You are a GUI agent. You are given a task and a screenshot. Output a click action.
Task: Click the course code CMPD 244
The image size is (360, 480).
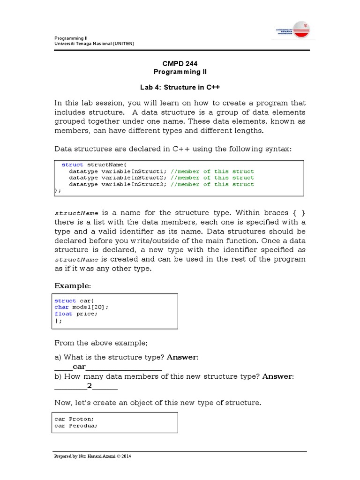[x=180, y=63]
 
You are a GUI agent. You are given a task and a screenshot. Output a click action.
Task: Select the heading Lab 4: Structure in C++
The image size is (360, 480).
[x=180, y=87]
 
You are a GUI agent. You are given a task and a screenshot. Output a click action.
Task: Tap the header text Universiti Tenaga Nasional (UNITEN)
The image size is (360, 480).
[x=94, y=44]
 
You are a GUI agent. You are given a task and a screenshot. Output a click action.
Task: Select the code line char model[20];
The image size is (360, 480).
[x=81, y=307]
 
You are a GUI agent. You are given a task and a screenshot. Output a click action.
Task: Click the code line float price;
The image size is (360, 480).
[x=76, y=314]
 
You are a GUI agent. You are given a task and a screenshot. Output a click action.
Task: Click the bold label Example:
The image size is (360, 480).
[x=72, y=286]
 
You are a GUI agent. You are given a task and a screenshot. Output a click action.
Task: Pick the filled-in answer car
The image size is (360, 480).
[x=79, y=367]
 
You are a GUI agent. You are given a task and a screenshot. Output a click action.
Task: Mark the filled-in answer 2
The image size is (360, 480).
[x=89, y=386]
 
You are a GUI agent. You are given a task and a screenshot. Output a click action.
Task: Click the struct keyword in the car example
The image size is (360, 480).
[x=65, y=300]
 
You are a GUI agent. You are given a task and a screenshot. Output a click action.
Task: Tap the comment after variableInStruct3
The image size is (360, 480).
[x=212, y=184]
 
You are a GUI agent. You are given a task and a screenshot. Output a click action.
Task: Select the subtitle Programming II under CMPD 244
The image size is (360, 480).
[x=180, y=72]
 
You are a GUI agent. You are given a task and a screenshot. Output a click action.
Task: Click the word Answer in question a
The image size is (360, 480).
[x=182, y=357]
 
